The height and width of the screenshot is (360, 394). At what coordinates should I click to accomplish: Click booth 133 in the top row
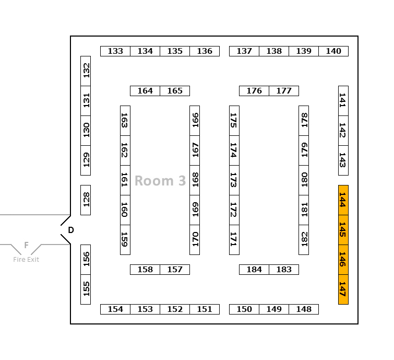click(x=115, y=51)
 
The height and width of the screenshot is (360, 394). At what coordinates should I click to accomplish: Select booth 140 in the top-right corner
click(x=333, y=51)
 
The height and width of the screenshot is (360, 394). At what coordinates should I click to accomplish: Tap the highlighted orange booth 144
click(x=343, y=200)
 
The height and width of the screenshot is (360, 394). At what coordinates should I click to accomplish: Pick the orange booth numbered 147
click(x=343, y=289)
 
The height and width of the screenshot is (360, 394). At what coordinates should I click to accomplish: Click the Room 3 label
click(x=160, y=181)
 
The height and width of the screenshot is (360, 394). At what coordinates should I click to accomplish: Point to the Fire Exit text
click(x=26, y=260)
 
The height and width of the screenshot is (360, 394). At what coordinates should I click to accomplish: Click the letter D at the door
click(x=71, y=230)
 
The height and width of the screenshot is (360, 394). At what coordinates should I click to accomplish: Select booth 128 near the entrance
click(x=86, y=200)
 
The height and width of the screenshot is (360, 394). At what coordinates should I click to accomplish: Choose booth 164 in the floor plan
click(x=145, y=91)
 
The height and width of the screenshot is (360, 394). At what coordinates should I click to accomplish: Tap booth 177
click(x=284, y=91)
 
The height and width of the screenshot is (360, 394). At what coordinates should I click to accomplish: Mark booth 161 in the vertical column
click(x=125, y=180)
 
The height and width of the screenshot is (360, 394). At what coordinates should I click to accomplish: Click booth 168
click(x=195, y=180)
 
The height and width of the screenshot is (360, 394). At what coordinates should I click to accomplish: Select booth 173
click(x=234, y=180)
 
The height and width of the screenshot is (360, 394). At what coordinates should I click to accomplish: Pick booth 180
click(x=304, y=180)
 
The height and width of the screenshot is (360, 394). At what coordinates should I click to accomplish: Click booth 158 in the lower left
click(x=145, y=270)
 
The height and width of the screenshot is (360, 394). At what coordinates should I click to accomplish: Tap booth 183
click(x=284, y=270)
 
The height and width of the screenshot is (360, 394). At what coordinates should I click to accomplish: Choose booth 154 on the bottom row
click(x=115, y=309)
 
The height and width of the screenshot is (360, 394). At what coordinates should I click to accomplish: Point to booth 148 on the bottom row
click(x=304, y=309)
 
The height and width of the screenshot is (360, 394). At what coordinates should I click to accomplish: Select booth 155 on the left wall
click(x=86, y=289)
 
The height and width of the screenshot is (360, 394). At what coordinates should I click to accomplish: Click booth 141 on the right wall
click(x=343, y=101)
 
